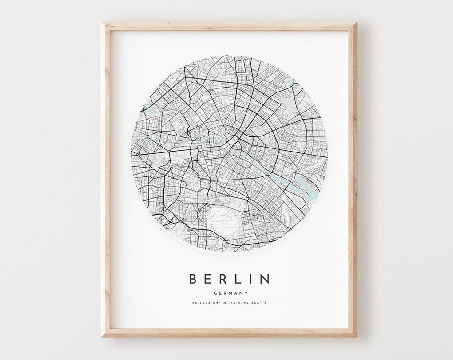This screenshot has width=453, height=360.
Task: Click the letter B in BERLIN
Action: tap(193, 279)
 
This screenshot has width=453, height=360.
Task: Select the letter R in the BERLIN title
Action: tap(223, 279)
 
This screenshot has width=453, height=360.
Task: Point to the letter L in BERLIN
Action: tap(238, 279)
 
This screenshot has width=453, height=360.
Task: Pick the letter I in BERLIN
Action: tap(251, 279)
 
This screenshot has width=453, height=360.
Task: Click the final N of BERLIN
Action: tap(265, 279)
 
